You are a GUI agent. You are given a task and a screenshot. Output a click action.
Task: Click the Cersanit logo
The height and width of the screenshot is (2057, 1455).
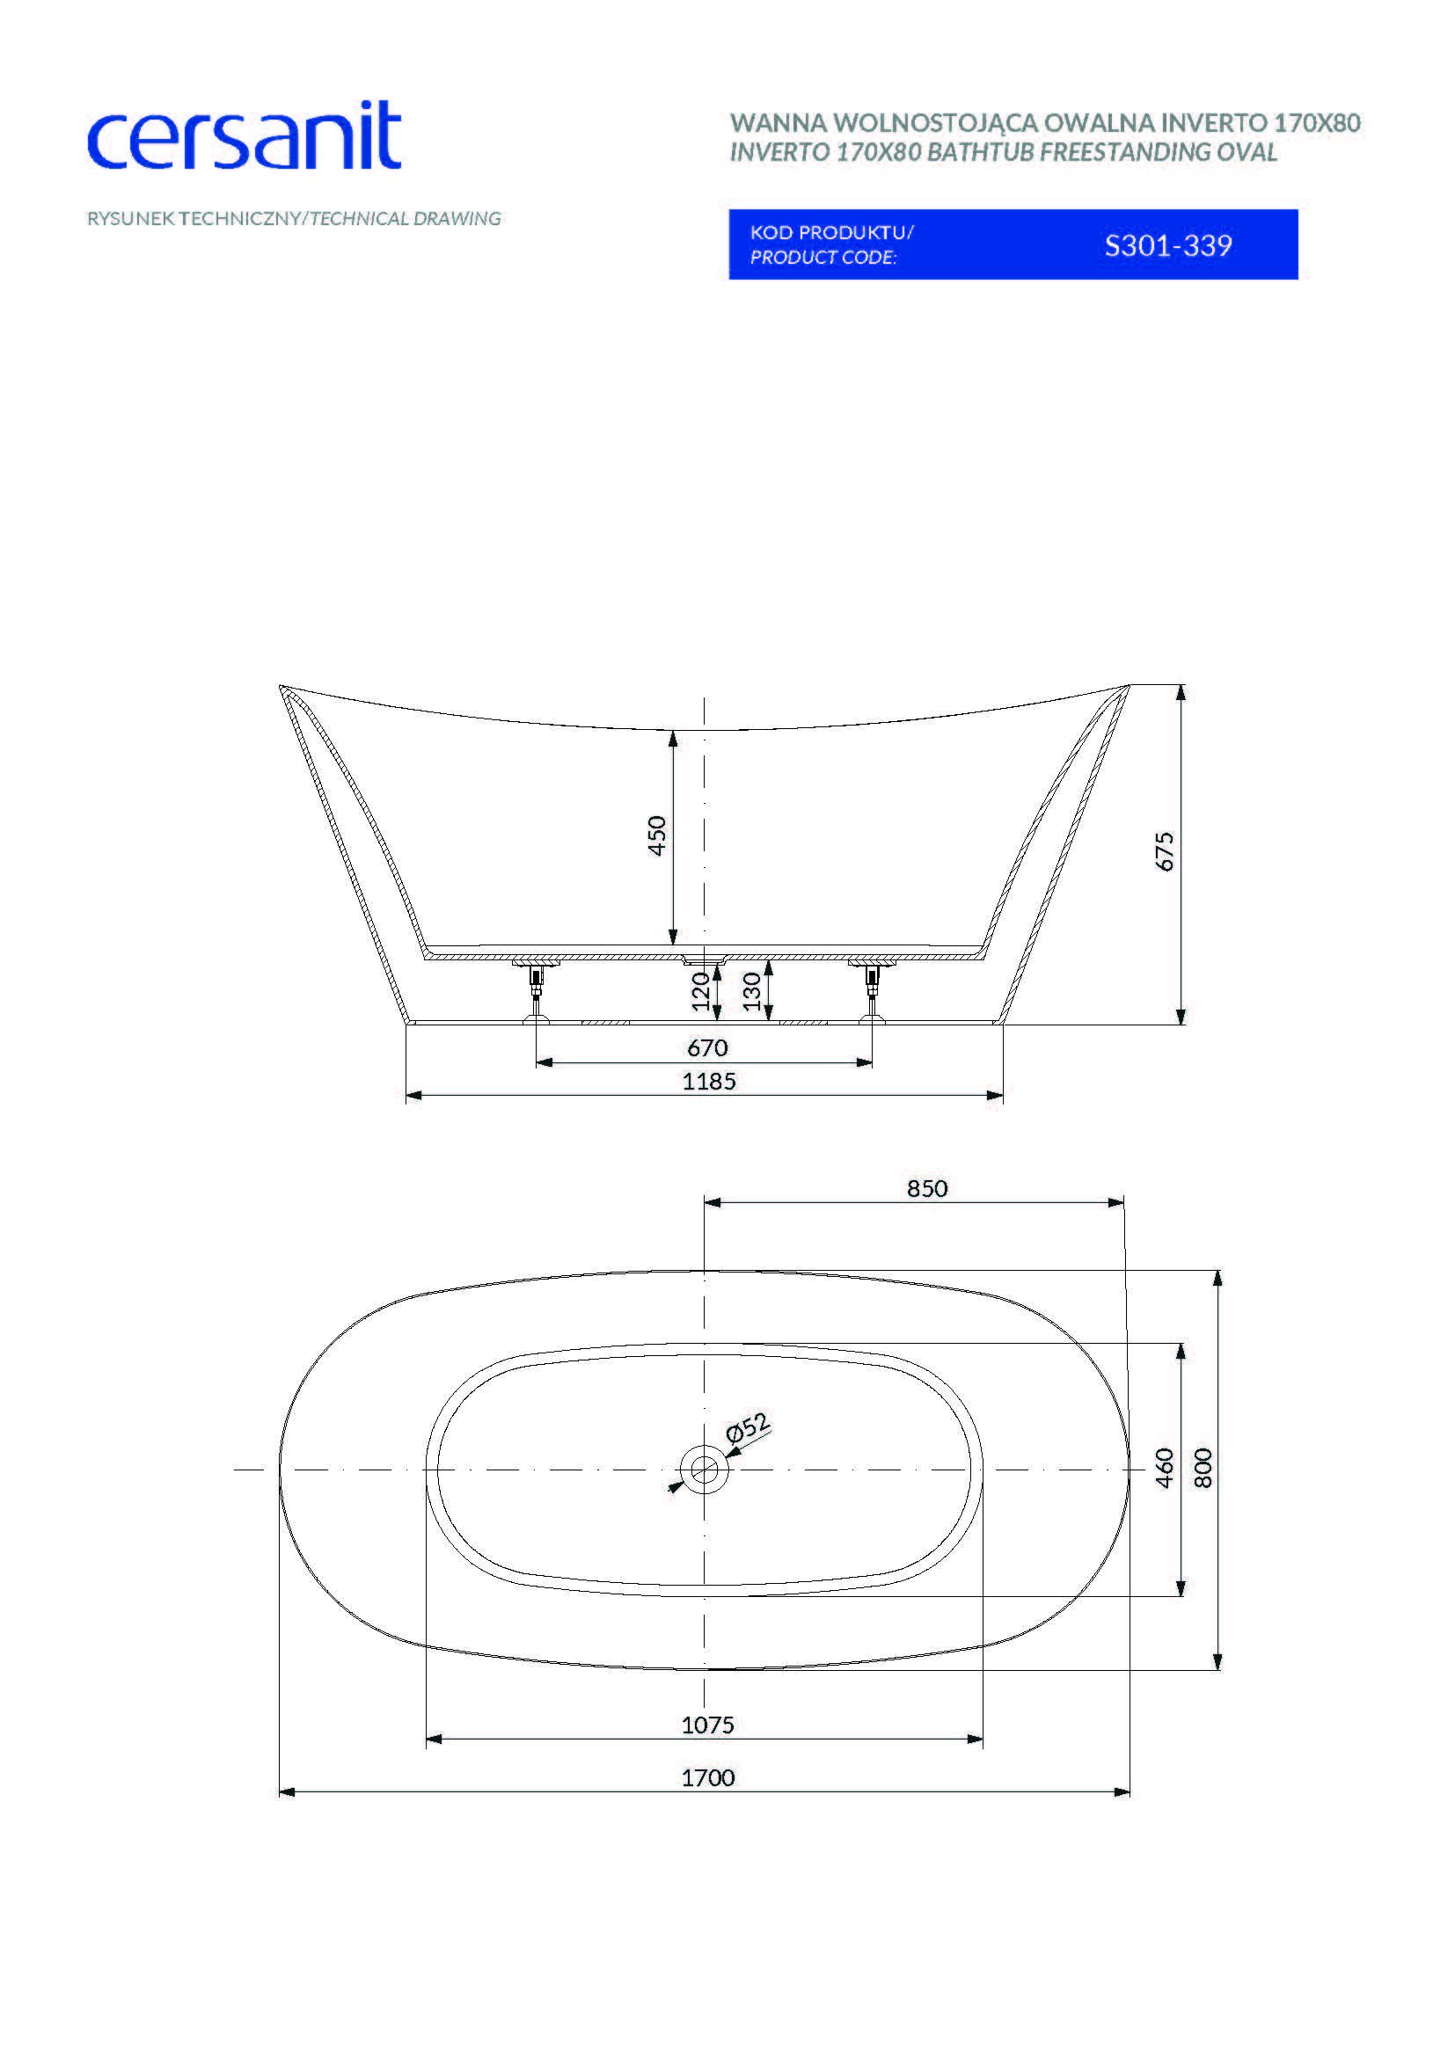tap(244, 136)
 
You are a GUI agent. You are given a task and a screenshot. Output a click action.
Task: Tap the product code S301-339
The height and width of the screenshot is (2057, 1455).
tap(1168, 245)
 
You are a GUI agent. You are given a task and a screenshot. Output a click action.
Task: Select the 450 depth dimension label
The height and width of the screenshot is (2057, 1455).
tap(657, 835)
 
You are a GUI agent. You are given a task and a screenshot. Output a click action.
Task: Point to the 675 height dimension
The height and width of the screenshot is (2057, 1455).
tap(1164, 851)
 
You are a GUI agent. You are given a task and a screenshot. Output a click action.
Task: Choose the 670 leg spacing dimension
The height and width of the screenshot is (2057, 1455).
tap(708, 1047)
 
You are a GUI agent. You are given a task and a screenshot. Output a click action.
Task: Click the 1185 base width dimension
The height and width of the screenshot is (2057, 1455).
tap(709, 1082)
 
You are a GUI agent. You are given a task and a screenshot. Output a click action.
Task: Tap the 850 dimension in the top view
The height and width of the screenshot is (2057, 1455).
tap(927, 1188)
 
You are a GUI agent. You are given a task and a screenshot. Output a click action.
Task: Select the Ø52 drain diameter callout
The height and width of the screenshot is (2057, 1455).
tap(747, 1427)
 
